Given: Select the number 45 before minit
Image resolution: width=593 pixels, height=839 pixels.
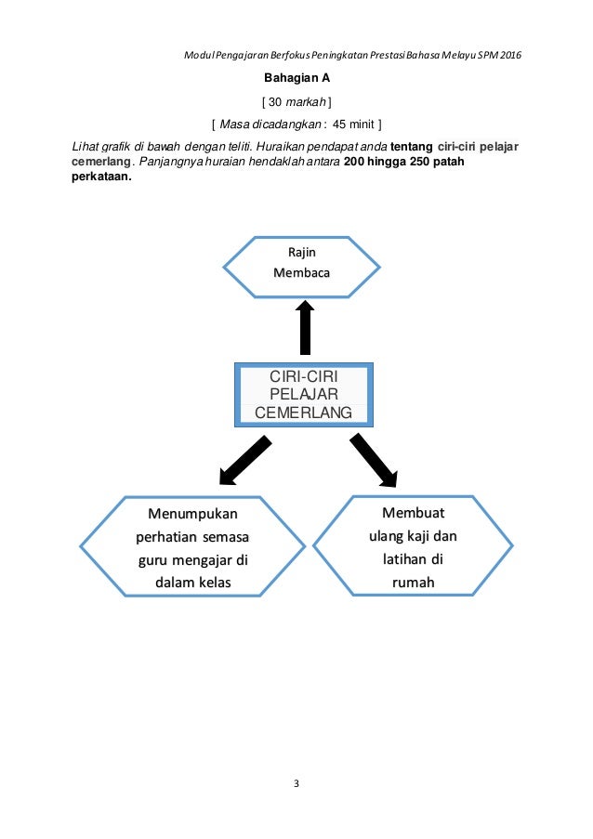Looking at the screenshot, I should pyautogui.click(x=343, y=124).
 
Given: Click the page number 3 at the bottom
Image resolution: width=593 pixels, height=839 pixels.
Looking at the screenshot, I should pyautogui.click(x=296, y=783).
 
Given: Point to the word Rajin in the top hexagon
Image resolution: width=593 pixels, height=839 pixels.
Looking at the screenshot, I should pyautogui.click(x=301, y=252).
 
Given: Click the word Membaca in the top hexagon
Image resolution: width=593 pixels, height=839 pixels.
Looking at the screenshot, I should pyautogui.click(x=301, y=273).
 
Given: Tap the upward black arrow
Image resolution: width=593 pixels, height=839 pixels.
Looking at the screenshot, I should pyautogui.click(x=304, y=325).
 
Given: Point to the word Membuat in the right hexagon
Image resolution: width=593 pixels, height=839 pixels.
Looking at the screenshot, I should pyautogui.click(x=413, y=512).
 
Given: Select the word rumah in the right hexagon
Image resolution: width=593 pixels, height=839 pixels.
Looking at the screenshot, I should pyautogui.click(x=414, y=583).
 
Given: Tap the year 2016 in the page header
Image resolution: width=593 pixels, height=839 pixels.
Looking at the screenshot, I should pyautogui.click(x=509, y=55).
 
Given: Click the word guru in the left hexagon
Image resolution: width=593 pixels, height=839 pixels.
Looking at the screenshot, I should pyautogui.click(x=153, y=560).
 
